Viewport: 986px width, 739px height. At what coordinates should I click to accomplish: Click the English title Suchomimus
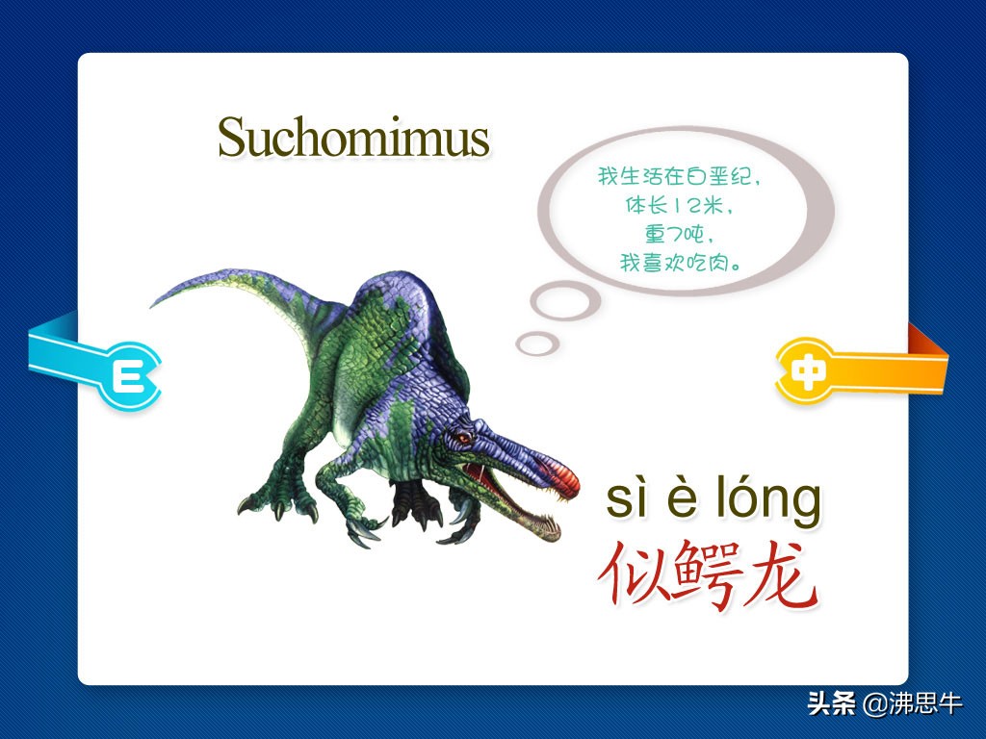tap(353, 137)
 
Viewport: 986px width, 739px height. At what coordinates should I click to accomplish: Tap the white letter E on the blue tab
tap(128, 376)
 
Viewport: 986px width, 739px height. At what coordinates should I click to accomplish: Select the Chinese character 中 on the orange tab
tap(806, 371)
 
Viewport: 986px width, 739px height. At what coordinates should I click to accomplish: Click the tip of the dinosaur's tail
tap(153, 305)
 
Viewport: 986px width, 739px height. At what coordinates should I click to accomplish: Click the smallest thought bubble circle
tap(537, 344)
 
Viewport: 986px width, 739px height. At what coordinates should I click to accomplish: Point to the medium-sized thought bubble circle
tap(564, 301)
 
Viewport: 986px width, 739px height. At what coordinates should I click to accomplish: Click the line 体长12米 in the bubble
tap(679, 206)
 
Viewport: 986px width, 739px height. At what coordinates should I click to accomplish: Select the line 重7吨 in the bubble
tap(679, 234)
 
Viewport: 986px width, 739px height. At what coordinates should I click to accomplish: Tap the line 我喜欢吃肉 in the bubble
tap(680, 262)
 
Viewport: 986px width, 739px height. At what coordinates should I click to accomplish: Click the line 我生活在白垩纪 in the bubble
tap(679, 177)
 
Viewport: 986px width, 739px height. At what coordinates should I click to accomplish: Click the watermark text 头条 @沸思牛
tap(885, 703)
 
